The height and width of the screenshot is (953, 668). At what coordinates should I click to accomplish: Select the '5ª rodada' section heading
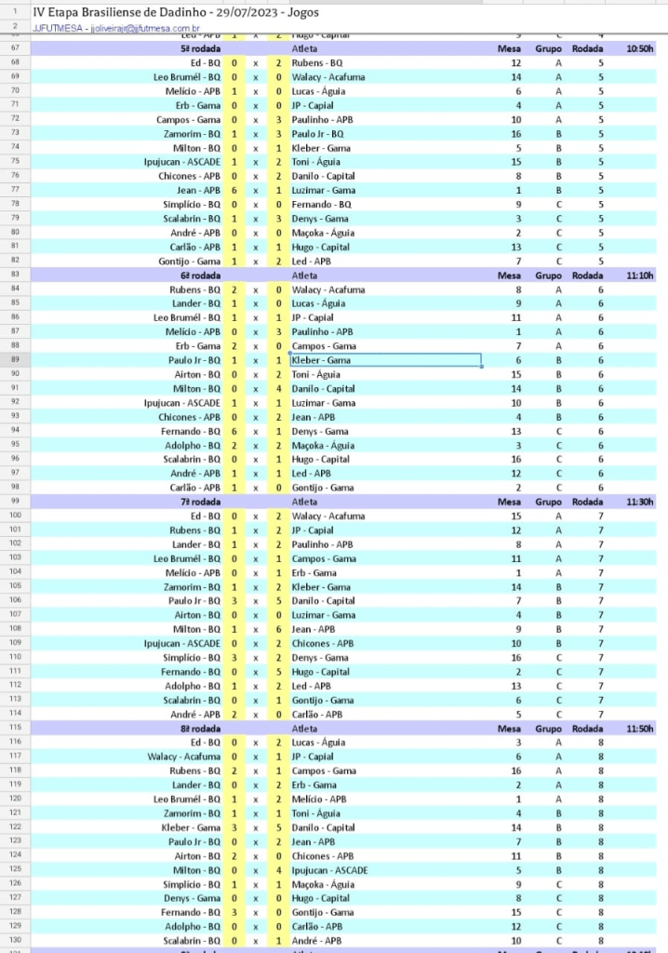point(200,48)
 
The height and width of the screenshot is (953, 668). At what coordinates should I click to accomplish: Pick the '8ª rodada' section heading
point(200,728)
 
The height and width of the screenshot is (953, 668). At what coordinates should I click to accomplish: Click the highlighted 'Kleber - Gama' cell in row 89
point(385,360)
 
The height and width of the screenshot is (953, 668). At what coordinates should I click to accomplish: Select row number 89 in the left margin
point(15,360)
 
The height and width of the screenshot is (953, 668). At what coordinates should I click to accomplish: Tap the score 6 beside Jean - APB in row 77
point(234,190)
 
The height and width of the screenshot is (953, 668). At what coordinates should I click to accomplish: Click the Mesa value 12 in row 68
point(515,62)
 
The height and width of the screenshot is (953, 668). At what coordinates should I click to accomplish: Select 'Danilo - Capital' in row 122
point(323,827)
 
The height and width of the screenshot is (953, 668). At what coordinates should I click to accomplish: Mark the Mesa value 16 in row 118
point(515,771)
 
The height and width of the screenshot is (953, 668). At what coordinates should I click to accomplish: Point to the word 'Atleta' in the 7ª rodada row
point(304,502)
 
